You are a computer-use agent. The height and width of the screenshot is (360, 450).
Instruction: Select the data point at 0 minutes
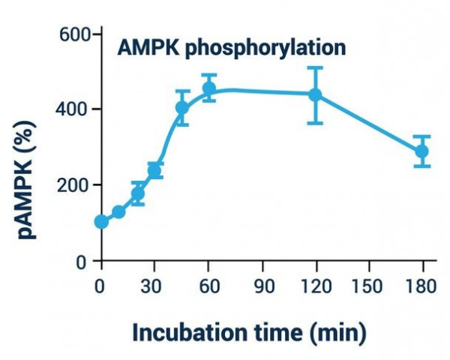coord(101,222)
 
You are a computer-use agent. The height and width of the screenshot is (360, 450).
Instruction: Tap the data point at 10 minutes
coord(118,212)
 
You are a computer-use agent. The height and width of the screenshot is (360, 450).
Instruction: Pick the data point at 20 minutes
coord(138,193)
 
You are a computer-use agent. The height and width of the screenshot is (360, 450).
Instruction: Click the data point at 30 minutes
coord(155,171)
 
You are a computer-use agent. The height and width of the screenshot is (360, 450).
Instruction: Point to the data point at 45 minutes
coord(182,107)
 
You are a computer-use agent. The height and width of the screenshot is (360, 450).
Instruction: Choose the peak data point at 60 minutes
coord(209,88)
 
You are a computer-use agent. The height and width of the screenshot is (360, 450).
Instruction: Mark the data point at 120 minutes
coord(316,94)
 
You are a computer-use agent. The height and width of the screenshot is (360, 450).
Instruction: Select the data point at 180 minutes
coord(422,151)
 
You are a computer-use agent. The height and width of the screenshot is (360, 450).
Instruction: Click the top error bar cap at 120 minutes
coord(316,67)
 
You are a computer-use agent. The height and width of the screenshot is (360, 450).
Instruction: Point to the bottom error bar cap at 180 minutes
coord(422,166)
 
